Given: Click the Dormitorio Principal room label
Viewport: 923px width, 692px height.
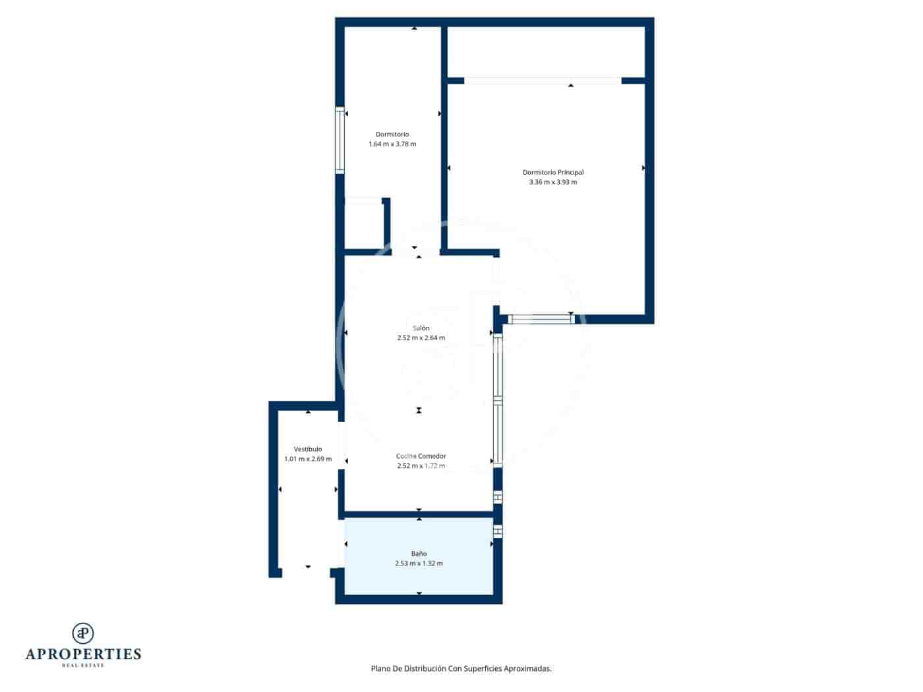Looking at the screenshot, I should [552, 173].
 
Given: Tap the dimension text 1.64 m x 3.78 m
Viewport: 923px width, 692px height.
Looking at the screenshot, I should [392, 144].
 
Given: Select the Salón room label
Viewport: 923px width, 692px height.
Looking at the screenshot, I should [421, 328].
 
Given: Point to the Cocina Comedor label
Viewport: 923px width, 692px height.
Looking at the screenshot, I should [421, 456].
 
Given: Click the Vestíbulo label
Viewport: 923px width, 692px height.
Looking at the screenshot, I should [308, 449].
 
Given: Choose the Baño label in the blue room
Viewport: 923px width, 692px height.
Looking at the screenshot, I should [419, 554].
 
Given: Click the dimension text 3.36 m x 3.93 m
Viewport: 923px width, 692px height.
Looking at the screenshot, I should [552, 183].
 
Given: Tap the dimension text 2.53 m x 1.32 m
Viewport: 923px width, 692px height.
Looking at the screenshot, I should [419, 563].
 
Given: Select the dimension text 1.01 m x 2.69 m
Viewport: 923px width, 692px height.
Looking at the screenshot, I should [308, 459].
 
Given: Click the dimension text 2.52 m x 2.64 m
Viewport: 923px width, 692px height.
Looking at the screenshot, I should [421, 338].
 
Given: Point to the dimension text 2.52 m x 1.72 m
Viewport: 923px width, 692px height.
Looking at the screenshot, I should [421, 466].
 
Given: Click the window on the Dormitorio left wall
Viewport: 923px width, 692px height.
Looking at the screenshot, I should [340, 141].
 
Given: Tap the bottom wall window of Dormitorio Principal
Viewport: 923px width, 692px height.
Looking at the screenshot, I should [541, 320].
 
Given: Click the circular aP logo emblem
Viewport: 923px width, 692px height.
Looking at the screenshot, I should [83, 633].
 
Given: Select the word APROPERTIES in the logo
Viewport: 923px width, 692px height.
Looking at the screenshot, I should [83, 654].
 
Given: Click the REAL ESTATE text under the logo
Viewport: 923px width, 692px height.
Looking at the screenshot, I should [83, 666].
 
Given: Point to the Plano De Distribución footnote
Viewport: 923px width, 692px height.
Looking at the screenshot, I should [461, 668].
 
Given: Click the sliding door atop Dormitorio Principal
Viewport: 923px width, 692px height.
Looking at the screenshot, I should [543, 81].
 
